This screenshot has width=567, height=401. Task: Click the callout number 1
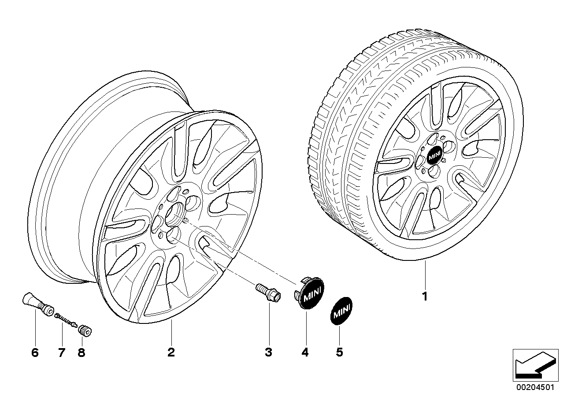tap(425, 297)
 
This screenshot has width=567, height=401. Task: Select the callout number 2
tap(171, 352)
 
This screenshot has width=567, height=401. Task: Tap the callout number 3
tap(268, 352)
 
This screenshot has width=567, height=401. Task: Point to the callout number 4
tap(305, 352)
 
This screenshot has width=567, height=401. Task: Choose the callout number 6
tap(35, 352)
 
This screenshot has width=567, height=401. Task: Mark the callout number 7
tap(61, 352)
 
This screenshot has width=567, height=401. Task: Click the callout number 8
tap(81, 352)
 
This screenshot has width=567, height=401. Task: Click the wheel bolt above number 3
tap(267, 293)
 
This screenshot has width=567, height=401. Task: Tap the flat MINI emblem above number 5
tap(341, 312)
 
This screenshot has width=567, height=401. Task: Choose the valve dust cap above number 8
tap(84, 330)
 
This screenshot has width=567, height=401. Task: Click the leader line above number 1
tap(425, 273)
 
